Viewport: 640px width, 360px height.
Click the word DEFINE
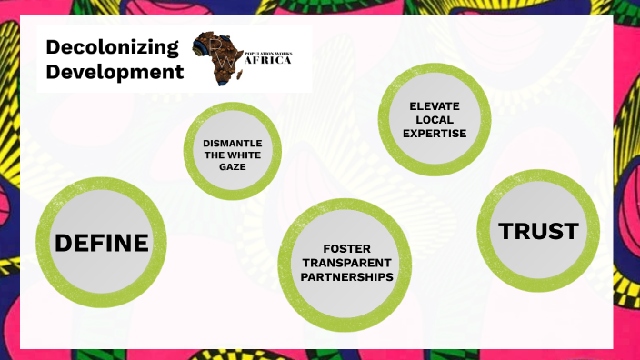tap(101, 243)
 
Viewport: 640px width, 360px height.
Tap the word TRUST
tap(538, 231)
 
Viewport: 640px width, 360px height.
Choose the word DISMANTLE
tap(232, 144)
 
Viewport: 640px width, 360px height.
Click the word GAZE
tap(232, 167)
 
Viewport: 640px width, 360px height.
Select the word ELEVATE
tap(434, 106)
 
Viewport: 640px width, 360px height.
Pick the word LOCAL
tap(434, 120)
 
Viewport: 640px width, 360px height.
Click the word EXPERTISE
tap(434, 134)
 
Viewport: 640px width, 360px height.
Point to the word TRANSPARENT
tap(345, 263)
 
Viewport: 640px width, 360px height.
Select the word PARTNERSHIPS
tap(345, 276)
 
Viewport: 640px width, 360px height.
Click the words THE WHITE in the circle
tap(232, 155)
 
